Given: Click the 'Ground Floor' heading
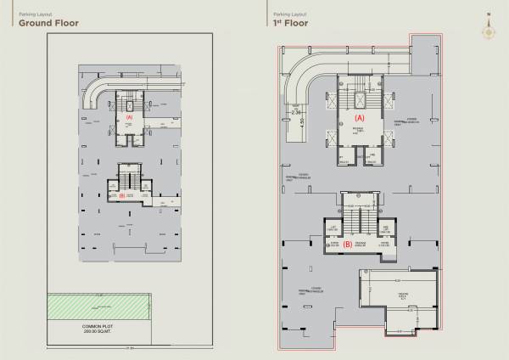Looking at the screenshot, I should pyautogui.click(x=43, y=24).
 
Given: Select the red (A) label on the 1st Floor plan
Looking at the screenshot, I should pyautogui.click(x=359, y=117).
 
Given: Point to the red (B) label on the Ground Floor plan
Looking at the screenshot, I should pyautogui.click(x=122, y=196).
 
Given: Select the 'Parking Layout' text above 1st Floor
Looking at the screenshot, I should pyautogui.click(x=284, y=14).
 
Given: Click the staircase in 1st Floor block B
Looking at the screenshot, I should pyautogui.click(x=357, y=222).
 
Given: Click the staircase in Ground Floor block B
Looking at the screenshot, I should pyautogui.click(x=130, y=181).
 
